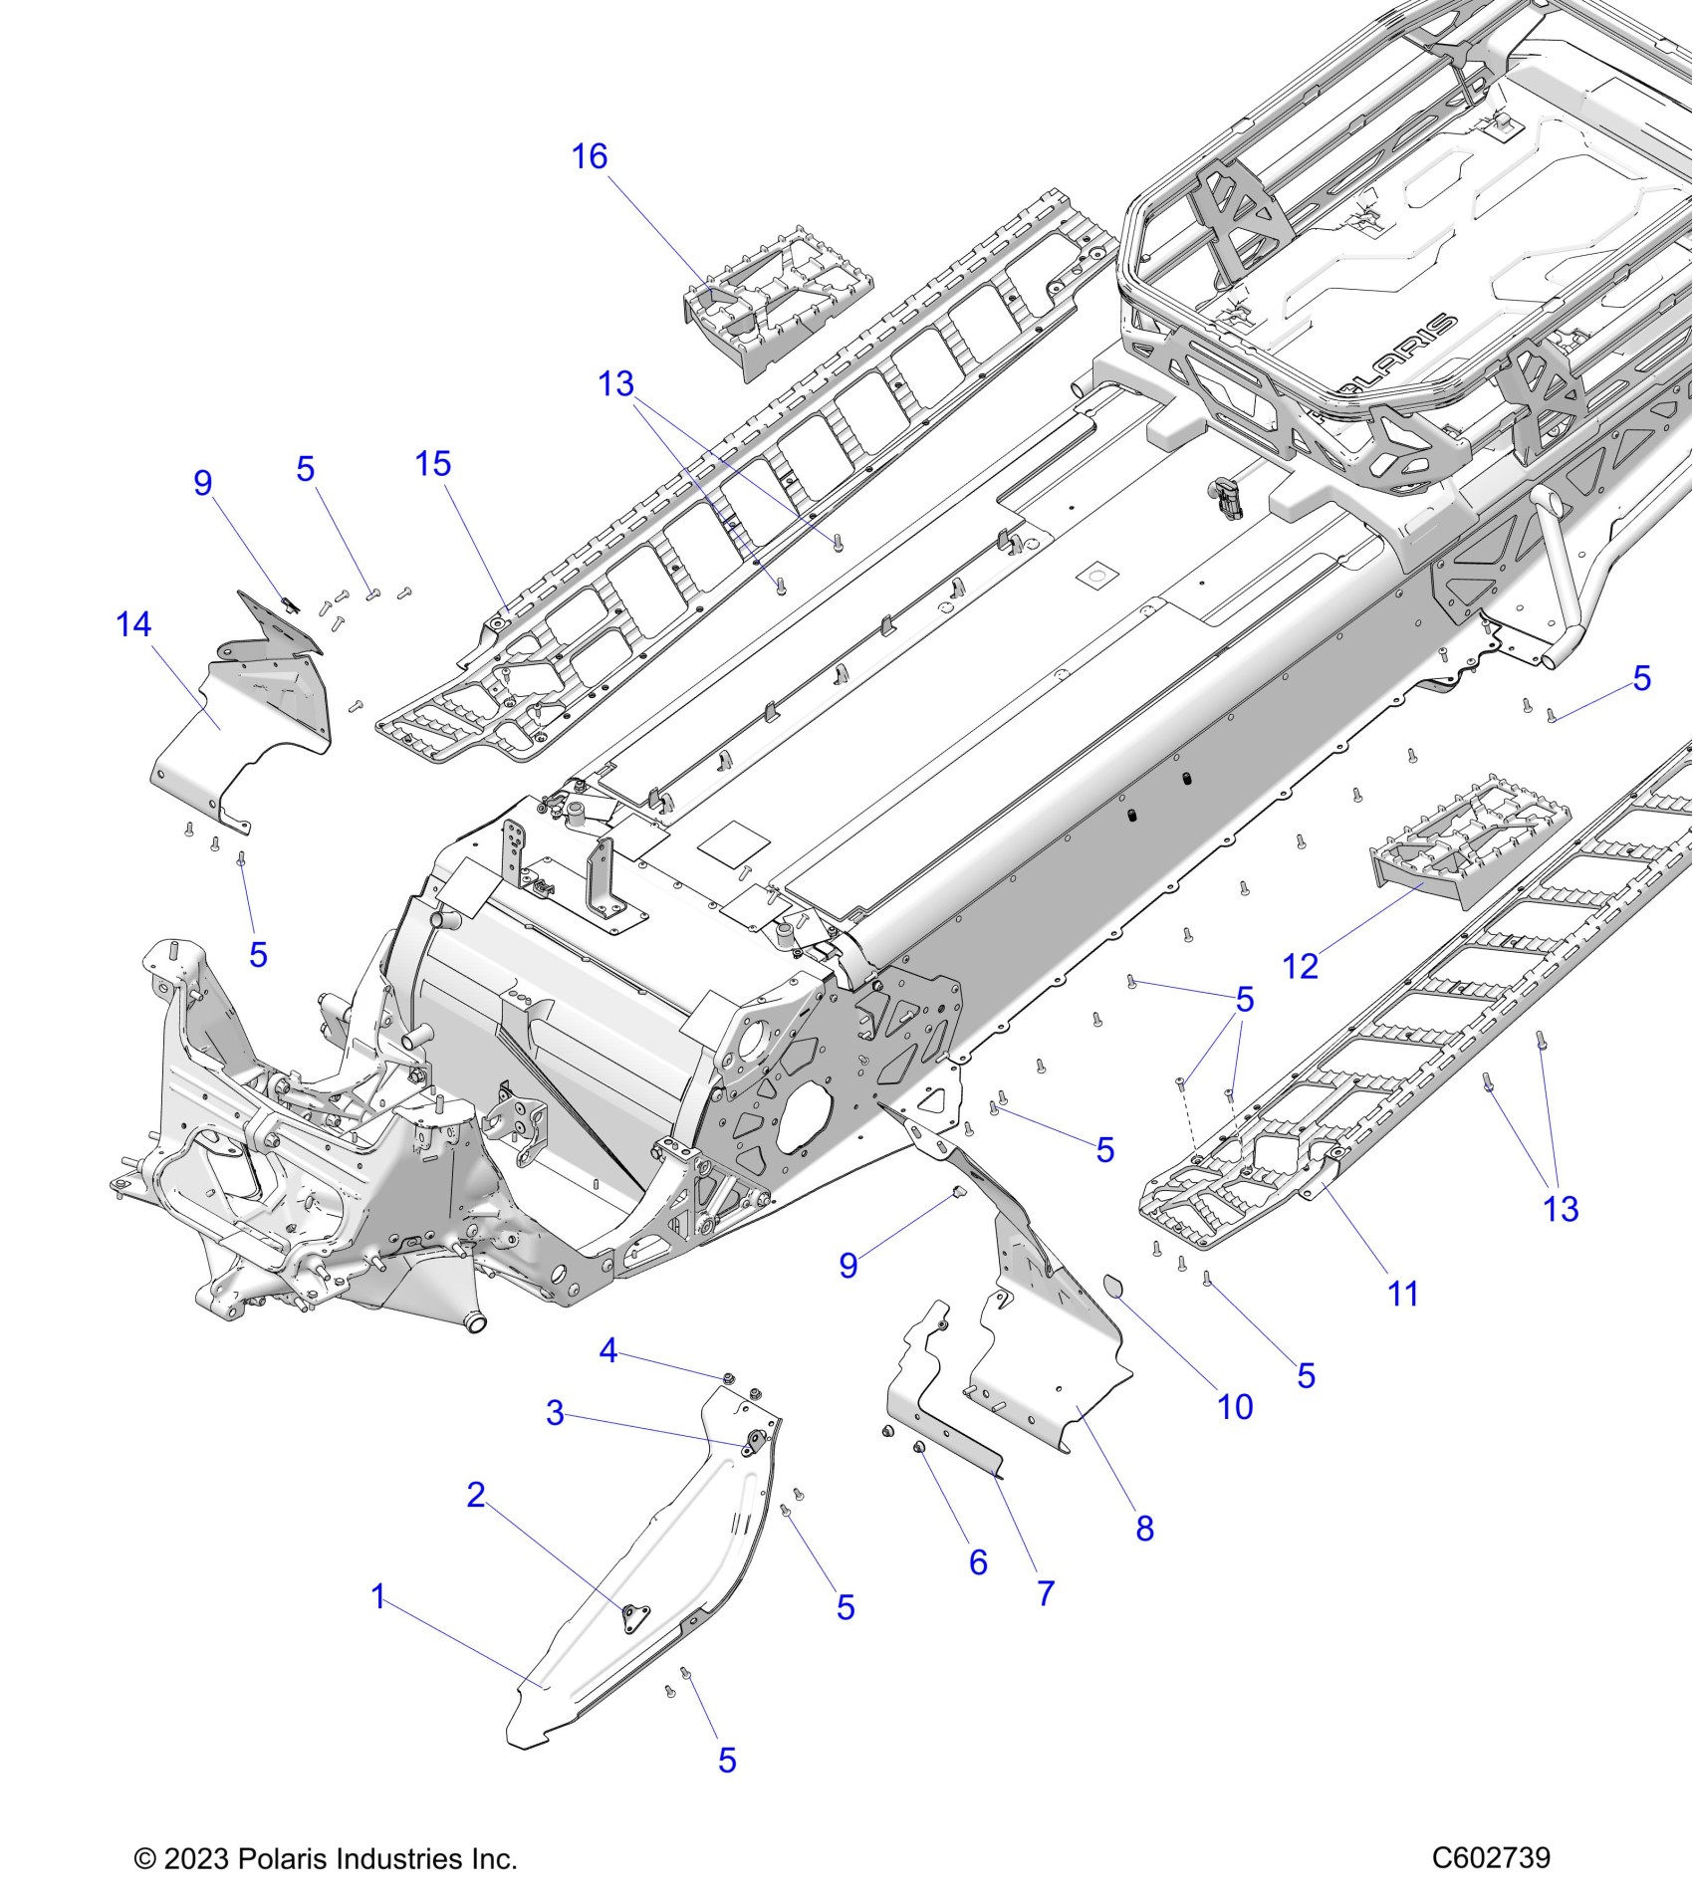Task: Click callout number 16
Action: pyautogui.click(x=589, y=157)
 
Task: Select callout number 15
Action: pyautogui.click(x=433, y=464)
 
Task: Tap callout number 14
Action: pyautogui.click(x=133, y=625)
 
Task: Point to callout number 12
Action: pyautogui.click(x=1301, y=966)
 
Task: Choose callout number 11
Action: pyautogui.click(x=1402, y=1295)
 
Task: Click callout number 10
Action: pyautogui.click(x=1235, y=1407)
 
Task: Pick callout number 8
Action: pyautogui.click(x=1144, y=1529)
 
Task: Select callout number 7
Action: pyautogui.click(x=1045, y=1593)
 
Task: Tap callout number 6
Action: pyautogui.click(x=978, y=1562)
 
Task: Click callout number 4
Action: pyautogui.click(x=608, y=1351)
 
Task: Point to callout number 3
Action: pyautogui.click(x=556, y=1413)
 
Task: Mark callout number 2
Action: pyautogui.click(x=476, y=1495)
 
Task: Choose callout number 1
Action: pyautogui.click(x=377, y=1597)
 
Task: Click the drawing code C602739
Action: pyautogui.click(x=1490, y=1858)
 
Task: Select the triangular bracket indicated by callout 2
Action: pyautogui.click(x=629, y=1618)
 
